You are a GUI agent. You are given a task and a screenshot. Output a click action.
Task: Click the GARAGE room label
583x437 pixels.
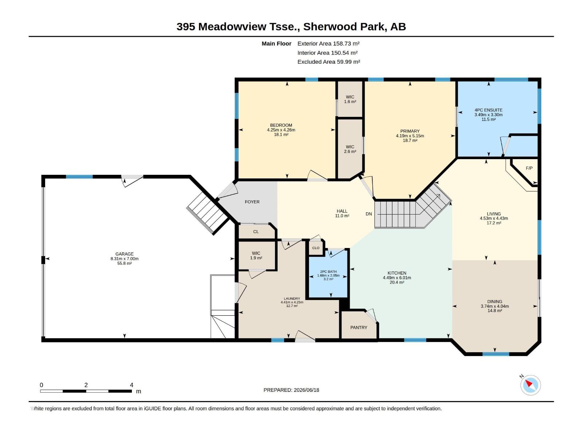click(124, 254)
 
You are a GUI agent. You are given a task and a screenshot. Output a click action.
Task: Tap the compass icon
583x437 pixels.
click(530, 385)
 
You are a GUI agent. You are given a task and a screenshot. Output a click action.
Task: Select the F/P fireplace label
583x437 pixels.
click(529, 168)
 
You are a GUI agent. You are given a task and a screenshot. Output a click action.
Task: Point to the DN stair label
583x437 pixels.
click(368, 214)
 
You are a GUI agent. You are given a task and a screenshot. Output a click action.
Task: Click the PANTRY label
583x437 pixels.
click(359, 327)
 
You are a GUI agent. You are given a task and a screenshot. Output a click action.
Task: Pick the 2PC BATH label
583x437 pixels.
click(328, 271)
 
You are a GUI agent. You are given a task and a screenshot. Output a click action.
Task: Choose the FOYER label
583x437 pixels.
click(252, 202)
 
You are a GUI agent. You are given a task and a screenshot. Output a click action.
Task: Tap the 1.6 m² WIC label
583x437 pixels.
click(350, 99)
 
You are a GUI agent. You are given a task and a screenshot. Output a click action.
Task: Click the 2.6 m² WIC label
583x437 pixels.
click(350, 149)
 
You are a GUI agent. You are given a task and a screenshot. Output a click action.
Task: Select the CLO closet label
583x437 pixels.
click(316, 248)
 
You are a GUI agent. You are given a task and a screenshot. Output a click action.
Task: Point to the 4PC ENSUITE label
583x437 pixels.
click(488, 110)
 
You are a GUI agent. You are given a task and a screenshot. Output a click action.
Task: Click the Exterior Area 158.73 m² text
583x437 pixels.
click(328, 43)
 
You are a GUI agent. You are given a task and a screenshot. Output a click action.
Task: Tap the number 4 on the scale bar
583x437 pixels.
click(132, 385)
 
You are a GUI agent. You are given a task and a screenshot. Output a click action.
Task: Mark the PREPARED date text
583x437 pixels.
click(291, 390)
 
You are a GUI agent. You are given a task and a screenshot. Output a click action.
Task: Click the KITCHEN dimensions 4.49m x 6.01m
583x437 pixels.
click(397, 278)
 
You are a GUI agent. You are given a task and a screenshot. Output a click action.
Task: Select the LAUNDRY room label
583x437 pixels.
click(291, 299)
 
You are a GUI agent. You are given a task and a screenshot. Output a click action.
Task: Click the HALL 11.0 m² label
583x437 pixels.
click(342, 213)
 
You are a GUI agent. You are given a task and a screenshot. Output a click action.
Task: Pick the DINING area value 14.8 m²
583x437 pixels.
click(494, 311)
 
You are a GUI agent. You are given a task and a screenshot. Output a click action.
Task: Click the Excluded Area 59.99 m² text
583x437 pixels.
click(329, 62)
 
